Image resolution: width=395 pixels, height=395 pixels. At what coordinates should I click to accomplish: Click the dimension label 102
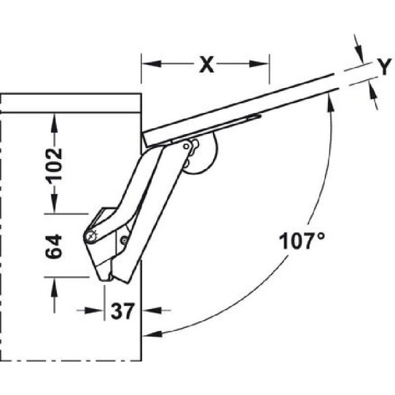(54, 164)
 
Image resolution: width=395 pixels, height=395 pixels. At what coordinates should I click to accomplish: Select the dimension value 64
(54, 246)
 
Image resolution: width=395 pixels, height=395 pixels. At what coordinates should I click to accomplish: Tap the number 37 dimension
(122, 311)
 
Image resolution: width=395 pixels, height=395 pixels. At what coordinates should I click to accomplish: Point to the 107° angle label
(302, 241)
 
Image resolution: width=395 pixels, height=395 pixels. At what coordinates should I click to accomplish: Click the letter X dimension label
(206, 64)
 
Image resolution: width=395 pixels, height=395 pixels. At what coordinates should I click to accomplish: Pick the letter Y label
(384, 66)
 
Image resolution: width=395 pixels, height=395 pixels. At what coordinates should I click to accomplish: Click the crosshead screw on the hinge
(91, 237)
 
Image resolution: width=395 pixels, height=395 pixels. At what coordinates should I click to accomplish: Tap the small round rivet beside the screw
(124, 240)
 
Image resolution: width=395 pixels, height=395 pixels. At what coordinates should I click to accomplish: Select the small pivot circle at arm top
(186, 146)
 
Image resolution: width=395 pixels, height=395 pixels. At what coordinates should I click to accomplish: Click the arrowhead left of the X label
(152, 63)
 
